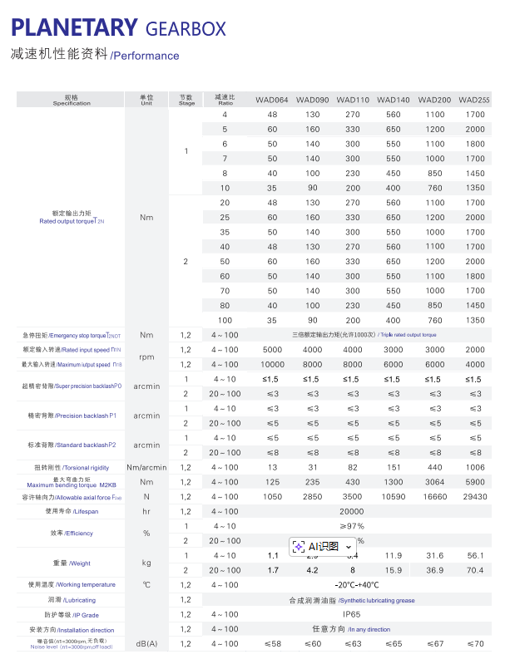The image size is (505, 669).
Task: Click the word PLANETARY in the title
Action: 73,28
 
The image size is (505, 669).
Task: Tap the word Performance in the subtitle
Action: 146,57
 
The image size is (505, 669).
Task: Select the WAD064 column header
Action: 272,101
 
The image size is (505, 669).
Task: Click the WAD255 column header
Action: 474,101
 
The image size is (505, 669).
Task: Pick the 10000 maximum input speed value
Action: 272,364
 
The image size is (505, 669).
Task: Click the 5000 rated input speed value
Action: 272,350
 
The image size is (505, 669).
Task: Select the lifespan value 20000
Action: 352,512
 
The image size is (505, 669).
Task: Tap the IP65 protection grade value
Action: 352,614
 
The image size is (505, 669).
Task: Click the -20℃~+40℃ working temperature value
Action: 352,585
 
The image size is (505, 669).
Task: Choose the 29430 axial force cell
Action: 475,496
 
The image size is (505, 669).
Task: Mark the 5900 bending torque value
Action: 475,482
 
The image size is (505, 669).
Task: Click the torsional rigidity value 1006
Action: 475,468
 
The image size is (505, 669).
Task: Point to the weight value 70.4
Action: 475,570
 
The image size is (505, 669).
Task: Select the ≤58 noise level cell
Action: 272,643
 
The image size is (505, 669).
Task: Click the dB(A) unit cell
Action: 146,644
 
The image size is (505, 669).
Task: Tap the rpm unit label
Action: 146,357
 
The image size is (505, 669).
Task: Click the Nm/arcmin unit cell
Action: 146,468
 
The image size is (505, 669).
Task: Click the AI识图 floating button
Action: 326,546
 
